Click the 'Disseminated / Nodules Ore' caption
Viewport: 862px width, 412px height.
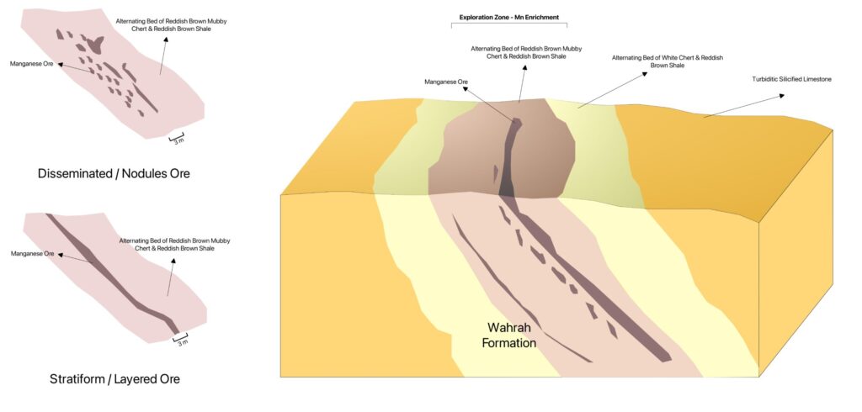pos(114,174)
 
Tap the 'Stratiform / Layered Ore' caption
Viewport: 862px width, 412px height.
pos(114,379)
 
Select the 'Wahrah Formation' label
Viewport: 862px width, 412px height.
pos(512,335)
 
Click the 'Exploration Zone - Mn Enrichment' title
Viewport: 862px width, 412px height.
pos(509,17)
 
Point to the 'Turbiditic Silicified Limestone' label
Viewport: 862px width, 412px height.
pos(790,80)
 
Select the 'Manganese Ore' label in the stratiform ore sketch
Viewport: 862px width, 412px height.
pos(32,253)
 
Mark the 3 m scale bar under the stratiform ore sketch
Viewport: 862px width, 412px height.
pos(179,338)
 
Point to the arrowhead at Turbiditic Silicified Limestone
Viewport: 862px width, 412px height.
pos(781,95)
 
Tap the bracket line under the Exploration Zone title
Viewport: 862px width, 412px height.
pos(509,24)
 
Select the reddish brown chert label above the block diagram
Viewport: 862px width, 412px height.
pos(526,52)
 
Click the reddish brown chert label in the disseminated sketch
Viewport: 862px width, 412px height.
pos(162,24)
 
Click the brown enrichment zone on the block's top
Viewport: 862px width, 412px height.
pos(471,160)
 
